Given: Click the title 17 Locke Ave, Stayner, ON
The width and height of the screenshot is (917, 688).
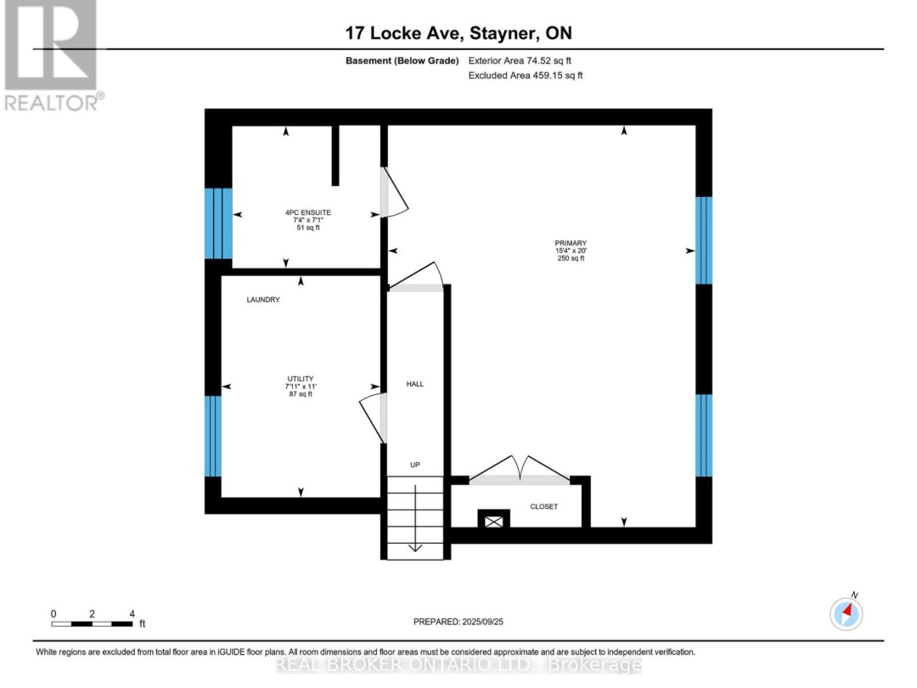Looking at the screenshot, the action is (x=458, y=33).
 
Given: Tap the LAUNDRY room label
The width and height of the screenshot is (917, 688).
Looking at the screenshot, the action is (x=263, y=300).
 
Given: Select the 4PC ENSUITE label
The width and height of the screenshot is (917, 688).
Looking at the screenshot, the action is (x=308, y=212).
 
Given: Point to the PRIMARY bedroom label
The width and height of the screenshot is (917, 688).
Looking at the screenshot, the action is (x=571, y=243).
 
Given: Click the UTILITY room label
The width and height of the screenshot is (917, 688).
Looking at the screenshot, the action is (x=301, y=379).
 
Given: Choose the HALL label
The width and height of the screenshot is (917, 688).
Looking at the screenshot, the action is (x=415, y=384).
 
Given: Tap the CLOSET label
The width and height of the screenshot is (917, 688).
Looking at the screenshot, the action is (x=544, y=506).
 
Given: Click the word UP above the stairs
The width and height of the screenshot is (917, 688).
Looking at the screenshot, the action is (x=415, y=465).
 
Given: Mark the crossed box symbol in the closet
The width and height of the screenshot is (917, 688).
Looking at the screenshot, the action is (x=494, y=521).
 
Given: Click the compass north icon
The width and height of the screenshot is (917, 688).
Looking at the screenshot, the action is (x=847, y=614).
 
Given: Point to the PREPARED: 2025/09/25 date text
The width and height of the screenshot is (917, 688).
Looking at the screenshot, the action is (x=458, y=622).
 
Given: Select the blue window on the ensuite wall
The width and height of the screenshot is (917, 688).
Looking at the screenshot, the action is (x=219, y=223).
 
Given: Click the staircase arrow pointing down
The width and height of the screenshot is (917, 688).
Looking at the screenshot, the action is (x=415, y=518).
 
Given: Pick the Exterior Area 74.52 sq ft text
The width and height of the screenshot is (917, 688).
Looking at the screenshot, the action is (x=520, y=60).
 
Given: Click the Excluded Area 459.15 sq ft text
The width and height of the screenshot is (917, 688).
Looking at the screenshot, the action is (x=526, y=76).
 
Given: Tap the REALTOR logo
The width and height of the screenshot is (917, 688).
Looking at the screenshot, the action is (x=53, y=55).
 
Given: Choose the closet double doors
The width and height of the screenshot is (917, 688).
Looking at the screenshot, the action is (x=520, y=470).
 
